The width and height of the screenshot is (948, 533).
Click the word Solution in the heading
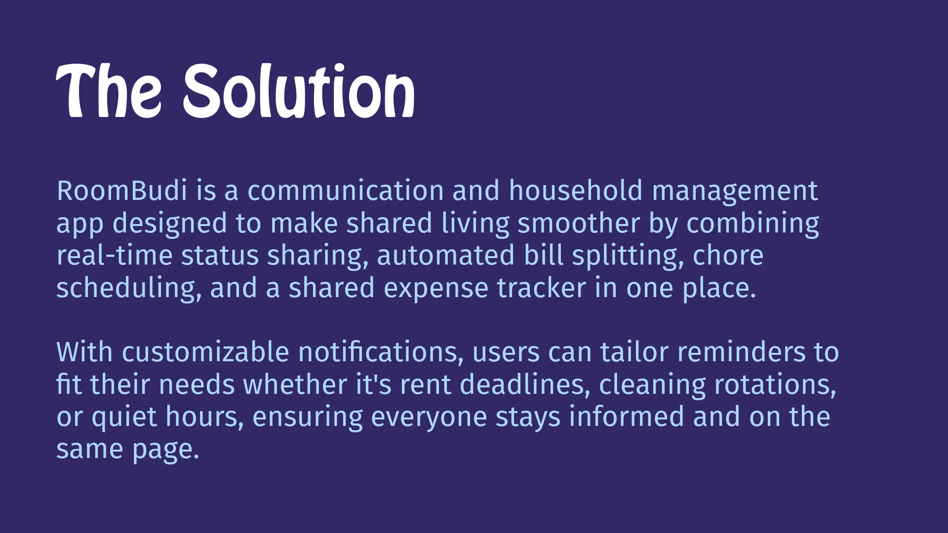click(299, 91)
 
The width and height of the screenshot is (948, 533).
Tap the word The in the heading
click(109, 91)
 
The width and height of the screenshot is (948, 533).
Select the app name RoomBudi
click(122, 190)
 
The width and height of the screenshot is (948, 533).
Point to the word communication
click(346, 190)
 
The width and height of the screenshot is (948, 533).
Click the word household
click(576, 190)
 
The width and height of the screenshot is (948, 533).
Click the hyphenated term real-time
click(115, 256)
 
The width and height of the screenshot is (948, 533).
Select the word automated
click(445, 256)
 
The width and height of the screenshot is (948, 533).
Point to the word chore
click(728, 256)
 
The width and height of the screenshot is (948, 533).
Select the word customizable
click(205, 352)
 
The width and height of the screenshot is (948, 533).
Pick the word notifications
click(381, 352)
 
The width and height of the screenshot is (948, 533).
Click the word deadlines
click(525, 384)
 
